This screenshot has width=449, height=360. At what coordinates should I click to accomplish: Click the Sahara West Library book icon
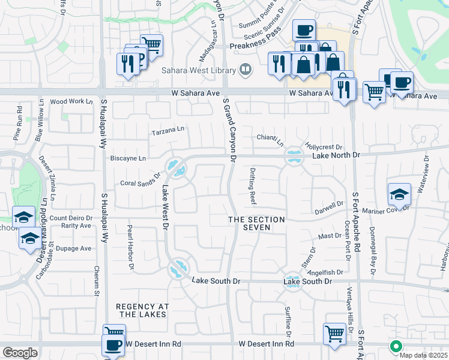pyautogui.click(x=245, y=70)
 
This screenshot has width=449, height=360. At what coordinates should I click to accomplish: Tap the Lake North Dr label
pyautogui.click(x=336, y=155)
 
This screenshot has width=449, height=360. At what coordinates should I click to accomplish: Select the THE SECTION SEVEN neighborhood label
pyautogui.click(x=256, y=223)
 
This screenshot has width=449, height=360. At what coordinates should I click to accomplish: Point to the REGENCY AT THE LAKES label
pyautogui.click(x=143, y=310)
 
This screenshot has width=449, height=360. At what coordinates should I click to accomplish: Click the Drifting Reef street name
pyautogui.click(x=253, y=184)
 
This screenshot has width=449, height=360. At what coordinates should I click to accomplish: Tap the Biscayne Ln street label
pyautogui.click(x=128, y=158)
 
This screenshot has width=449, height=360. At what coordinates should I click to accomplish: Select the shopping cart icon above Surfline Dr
pyautogui.click(x=334, y=332)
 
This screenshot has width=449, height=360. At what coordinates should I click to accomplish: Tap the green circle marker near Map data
pyautogui.click(x=396, y=346)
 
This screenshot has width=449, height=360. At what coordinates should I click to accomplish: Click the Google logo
pyautogui.click(x=20, y=353)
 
